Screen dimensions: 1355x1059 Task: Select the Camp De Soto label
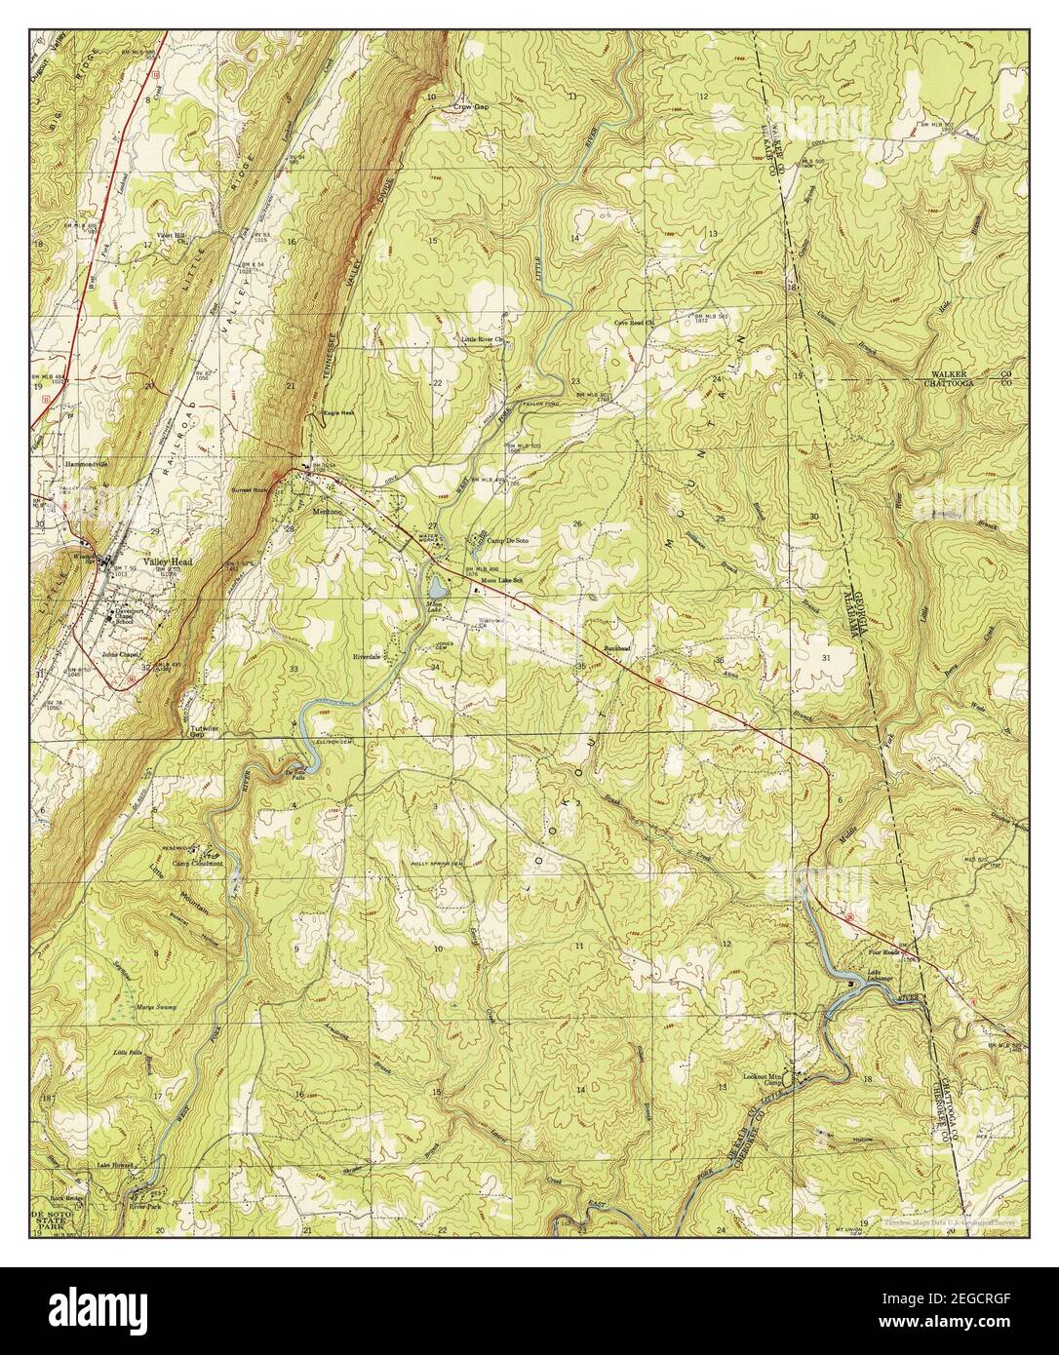point(507,540)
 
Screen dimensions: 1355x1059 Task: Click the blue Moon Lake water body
point(436,588)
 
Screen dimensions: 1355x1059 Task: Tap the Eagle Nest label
point(337,415)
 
